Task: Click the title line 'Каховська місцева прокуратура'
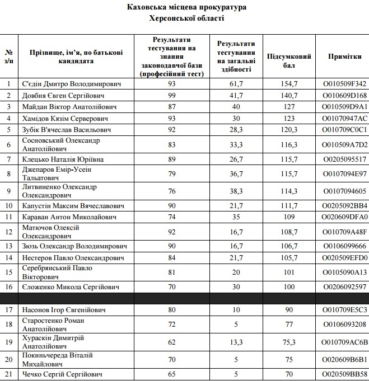(x=187, y=7)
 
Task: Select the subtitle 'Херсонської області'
(x=187, y=18)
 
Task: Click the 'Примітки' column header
(x=345, y=57)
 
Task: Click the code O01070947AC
(x=345, y=118)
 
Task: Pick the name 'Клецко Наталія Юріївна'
(x=63, y=159)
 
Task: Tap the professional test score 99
(x=172, y=95)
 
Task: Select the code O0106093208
(x=345, y=324)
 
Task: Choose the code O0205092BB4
(x=345, y=205)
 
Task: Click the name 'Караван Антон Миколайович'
(x=69, y=217)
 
